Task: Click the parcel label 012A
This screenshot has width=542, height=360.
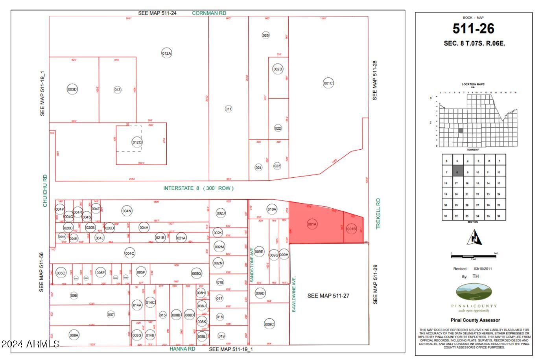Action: [166, 53]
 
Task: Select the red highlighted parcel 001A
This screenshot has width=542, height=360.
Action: [312, 224]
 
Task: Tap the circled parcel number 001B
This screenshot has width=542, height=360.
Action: [351, 229]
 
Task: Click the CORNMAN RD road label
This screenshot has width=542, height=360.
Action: [209, 13]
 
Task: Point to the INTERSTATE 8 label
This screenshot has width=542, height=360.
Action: [198, 188]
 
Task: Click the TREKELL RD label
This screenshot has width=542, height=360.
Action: [378, 213]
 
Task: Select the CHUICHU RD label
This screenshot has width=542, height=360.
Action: [45, 191]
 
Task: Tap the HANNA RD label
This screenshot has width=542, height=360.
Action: [182, 349]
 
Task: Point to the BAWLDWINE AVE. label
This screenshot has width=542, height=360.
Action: [294, 294]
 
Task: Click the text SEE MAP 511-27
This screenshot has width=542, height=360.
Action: [328, 296]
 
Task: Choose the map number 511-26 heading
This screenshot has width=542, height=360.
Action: [473, 29]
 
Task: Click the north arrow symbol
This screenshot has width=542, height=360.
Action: [475, 237]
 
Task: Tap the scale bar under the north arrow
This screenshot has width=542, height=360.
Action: [473, 256]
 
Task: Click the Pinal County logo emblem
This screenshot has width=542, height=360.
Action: [474, 293]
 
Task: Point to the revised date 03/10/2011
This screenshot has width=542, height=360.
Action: [482, 269]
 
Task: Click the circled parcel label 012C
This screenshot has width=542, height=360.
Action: [137, 142]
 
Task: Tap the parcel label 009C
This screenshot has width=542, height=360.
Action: [269, 324]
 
